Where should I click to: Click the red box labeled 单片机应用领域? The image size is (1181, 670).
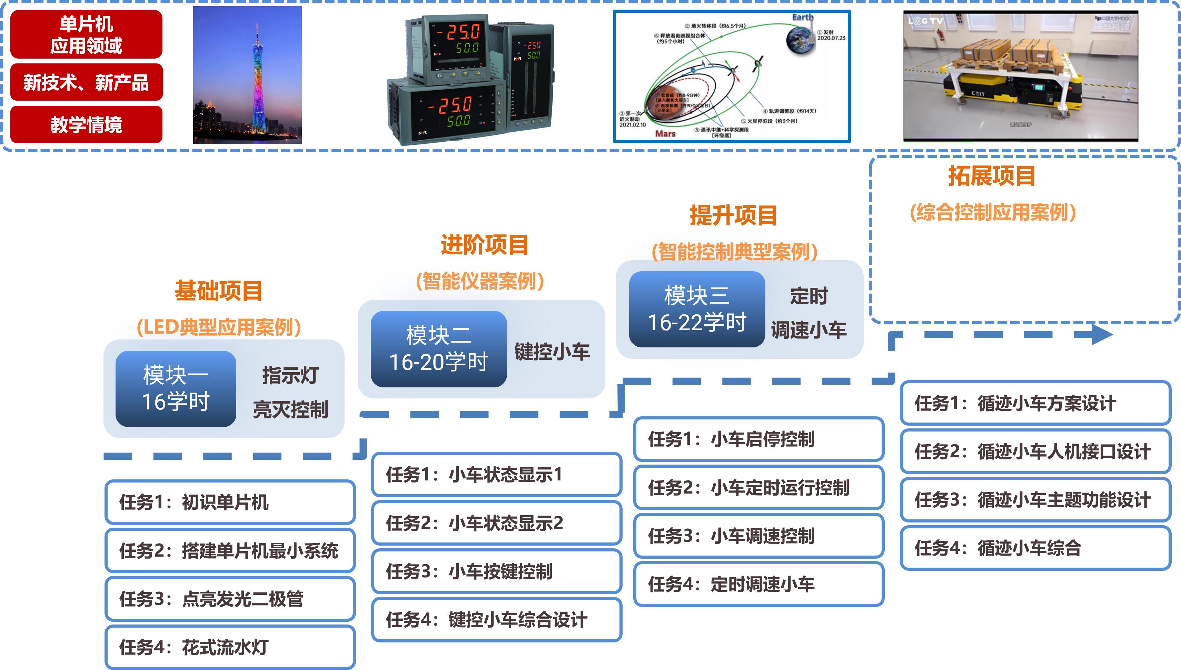coord(86,34)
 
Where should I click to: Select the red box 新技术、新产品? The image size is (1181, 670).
coord(86,82)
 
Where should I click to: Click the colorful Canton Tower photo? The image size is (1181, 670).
coord(247,75)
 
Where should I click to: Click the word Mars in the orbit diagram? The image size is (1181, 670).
coord(665,133)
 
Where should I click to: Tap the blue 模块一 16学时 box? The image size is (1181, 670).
coord(176,388)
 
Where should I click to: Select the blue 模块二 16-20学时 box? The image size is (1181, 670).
coord(438,349)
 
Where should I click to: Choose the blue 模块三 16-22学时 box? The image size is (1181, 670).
coord(697,309)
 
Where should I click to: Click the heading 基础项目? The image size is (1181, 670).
coord(218,291)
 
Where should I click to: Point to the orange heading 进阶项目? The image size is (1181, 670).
coord(484,244)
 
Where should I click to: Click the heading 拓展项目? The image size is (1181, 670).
coord(992,176)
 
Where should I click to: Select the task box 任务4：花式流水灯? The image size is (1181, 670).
coord(230,647)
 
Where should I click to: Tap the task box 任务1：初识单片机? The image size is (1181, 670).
coord(230,502)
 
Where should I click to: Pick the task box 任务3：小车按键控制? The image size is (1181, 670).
coord(496,571)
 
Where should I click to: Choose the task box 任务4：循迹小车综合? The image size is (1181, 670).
coord(1035,548)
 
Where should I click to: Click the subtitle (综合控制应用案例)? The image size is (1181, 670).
coord(993,213)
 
